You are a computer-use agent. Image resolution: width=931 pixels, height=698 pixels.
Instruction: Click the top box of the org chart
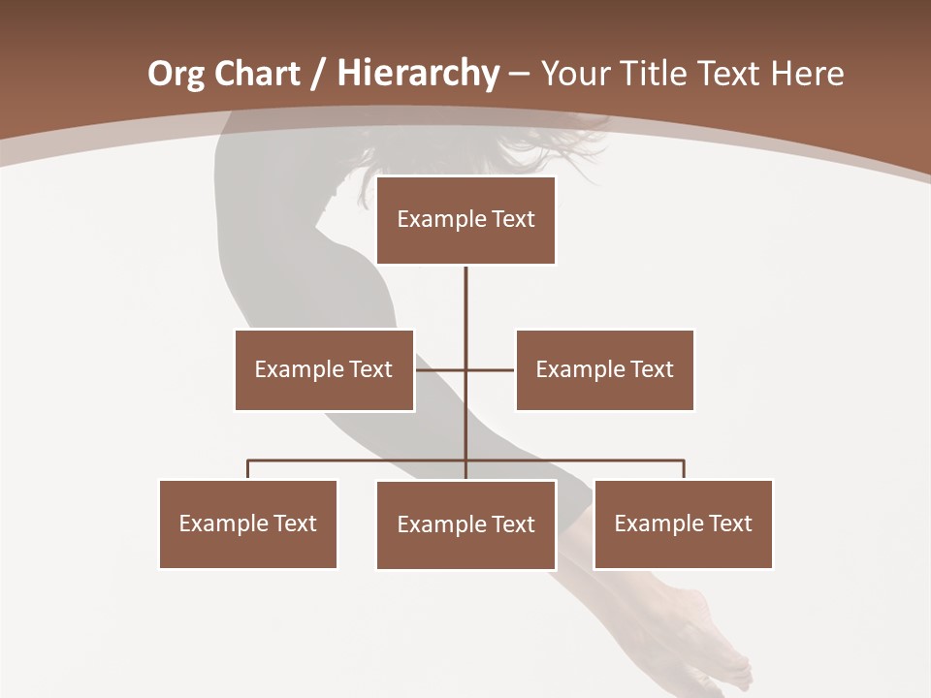tap(465, 220)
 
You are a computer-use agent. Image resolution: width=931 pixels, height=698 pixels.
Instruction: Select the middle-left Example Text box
tap(324, 369)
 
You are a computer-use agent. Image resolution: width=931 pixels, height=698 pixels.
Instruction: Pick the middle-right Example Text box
tap(604, 369)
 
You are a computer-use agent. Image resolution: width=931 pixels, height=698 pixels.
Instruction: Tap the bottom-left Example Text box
tap(248, 523)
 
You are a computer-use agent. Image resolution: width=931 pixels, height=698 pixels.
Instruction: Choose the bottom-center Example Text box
tap(465, 524)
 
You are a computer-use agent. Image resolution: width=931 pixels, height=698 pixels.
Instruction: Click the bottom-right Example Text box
tap(683, 523)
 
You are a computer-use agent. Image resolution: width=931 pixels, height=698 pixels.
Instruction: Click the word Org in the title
tap(177, 74)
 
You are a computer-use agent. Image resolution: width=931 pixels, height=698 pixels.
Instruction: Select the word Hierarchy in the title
tap(418, 74)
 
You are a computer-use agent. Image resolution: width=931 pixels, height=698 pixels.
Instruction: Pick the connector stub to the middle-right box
tap(492, 369)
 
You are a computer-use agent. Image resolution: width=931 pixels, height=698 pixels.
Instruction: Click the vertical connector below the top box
tap(465, 301)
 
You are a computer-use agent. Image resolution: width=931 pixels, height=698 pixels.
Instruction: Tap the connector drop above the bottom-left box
tap(248, 470)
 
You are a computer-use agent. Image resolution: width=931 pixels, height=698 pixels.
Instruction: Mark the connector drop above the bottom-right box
tap(684, 470)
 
